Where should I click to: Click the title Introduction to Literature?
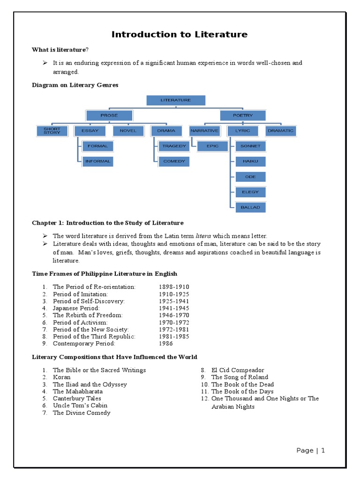[180, 34]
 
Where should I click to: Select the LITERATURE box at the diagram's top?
[176, 100]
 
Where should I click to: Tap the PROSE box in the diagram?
[109, 115]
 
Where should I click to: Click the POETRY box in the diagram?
[243, 115]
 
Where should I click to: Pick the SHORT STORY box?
[52, 131]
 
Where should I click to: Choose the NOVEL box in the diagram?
[128, 131]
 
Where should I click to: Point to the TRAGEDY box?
[174, 146]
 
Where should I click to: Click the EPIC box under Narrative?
[213, 146]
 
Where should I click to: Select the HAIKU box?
[250, 161]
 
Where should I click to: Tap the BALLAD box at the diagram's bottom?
[250, 207]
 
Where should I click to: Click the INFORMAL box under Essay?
[97, 161]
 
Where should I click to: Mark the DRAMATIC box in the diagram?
[280, 131]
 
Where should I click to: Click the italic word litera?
[202, 236]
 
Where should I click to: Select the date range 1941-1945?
[174, 308]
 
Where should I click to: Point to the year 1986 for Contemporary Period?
[166, 344]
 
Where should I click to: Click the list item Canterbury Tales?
[77, 398]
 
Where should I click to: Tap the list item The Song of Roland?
[240, 377]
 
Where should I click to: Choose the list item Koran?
[62, 377]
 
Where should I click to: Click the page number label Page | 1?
[311, 450]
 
